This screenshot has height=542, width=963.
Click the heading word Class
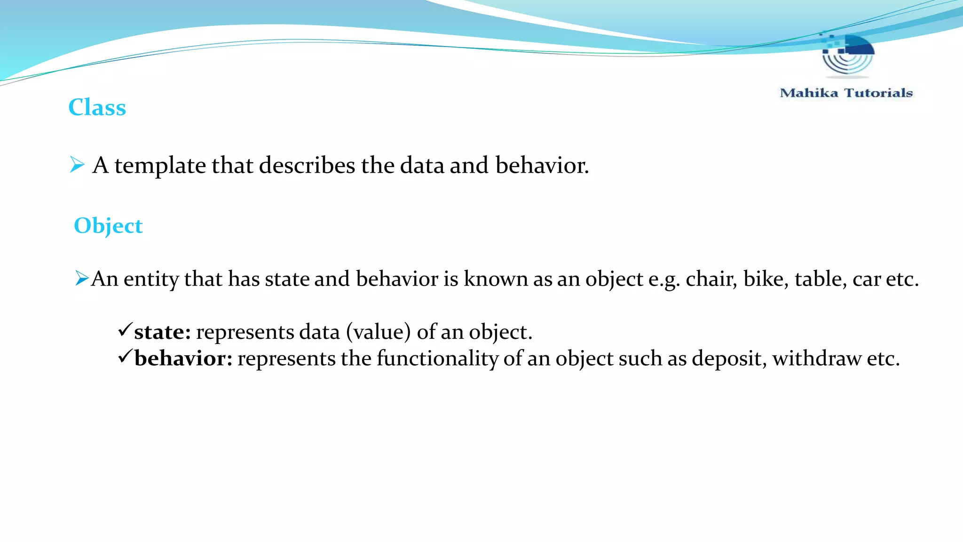[97, 107]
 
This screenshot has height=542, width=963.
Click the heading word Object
[108, 226]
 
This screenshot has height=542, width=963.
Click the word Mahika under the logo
[809, 93]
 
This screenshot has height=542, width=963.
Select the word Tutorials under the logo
[878, 93]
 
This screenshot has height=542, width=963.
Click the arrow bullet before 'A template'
[77, 165]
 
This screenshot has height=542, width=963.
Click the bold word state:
[162, 332]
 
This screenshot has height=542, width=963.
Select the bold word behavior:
[183, 359]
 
